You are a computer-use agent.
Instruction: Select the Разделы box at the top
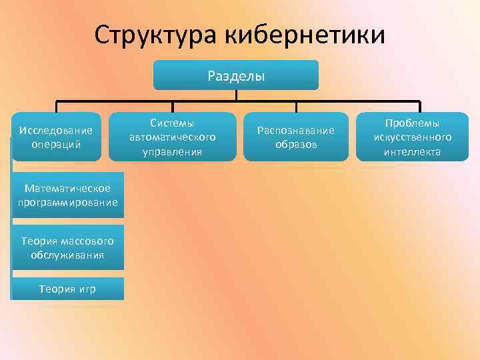[236, 75]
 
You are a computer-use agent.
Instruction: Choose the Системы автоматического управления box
[172, 137]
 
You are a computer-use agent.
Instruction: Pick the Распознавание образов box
[295, 137]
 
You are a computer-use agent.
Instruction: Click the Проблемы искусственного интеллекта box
[412, 137]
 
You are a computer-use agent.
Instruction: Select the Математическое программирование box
[68, 195]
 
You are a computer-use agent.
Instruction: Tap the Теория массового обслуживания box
[67, 247]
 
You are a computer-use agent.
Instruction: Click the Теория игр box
[67, 289]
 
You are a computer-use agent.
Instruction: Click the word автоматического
[172, 137]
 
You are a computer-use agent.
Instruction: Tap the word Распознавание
[295, 130]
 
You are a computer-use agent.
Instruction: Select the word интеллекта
[412, 151]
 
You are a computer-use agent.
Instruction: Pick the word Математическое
[68, 189]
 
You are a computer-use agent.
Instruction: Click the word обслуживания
[67, 254]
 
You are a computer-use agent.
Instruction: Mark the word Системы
[172, 123]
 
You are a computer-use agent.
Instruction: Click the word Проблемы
[412, 123]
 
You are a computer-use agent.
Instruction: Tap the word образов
[295, 144]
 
